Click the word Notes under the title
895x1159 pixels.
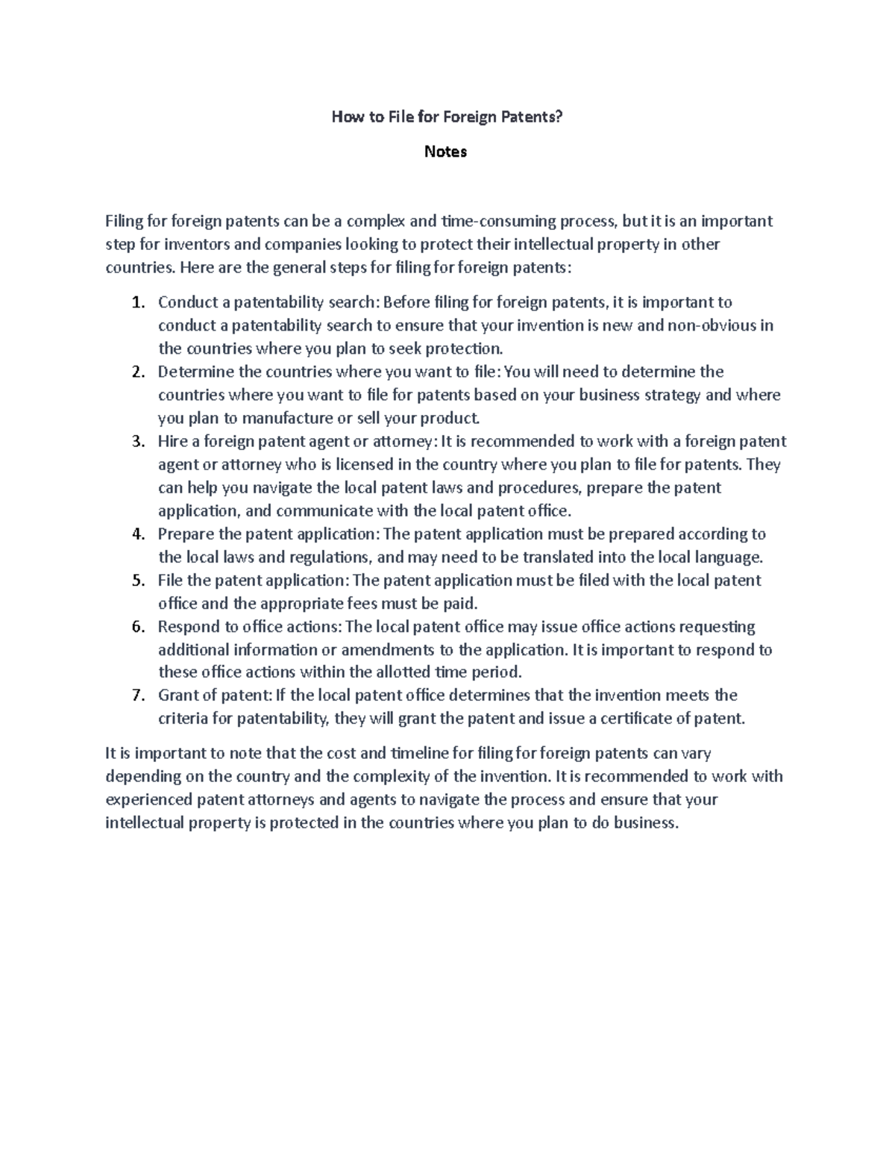pos(445,151)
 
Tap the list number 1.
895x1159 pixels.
pos(137,303)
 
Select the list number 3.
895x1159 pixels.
pos(137,442)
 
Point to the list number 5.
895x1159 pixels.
pos(137,581)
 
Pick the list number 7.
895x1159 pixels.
pos(137,696)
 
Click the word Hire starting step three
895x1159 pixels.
pos(173,441)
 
